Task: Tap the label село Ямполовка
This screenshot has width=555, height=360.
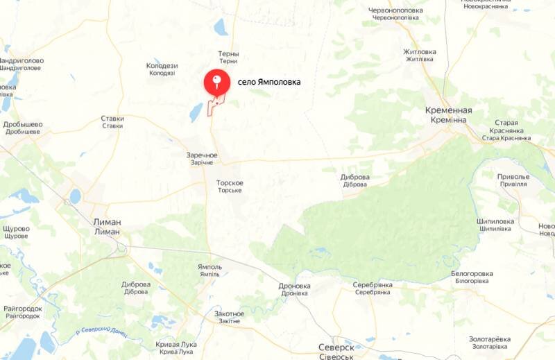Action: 269,82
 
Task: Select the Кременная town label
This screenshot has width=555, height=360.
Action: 449,111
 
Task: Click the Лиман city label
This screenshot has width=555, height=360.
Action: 107,223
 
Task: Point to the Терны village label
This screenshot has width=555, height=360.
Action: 228,54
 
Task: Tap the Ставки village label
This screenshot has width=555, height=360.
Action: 112,119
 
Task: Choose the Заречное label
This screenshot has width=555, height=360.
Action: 202,155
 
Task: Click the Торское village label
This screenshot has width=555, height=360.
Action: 230,184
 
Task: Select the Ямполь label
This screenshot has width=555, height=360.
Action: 209,267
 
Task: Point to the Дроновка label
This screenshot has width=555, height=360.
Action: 294,286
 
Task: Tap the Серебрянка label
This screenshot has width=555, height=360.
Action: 373,285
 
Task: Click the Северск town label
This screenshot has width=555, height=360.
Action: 336,347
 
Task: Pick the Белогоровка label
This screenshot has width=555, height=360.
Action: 472,274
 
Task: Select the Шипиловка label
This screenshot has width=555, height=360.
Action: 495,221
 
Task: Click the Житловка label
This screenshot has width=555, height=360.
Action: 420,52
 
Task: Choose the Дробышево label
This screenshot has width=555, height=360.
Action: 23,125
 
